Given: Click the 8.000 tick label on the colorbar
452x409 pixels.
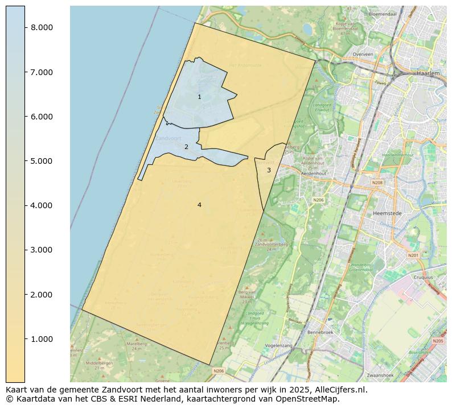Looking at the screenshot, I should (x=42, y=27).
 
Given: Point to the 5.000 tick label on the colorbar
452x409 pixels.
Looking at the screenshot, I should (x=42, y=161).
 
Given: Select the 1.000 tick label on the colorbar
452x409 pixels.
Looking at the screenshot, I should (x=42, y=339).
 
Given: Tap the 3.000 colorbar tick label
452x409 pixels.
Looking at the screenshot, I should (x=42, y=250).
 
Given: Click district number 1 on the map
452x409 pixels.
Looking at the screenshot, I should (x=199, y=97).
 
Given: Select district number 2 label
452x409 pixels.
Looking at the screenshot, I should (x=186, y=147).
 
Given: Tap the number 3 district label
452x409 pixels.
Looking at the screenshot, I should (x=269, y=170).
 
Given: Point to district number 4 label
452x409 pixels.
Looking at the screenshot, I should (x=199, y=205).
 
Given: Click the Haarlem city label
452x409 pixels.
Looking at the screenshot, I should (x=428, y=73).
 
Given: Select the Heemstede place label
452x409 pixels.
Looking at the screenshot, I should (x=387, y=213).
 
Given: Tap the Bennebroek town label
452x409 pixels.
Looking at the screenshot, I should (x=319, y=332).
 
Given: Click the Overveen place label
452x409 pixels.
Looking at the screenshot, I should (x=363, y=55).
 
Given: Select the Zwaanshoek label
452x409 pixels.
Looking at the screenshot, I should (x=381, y=376).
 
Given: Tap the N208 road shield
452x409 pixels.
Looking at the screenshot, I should (x=377, y=183).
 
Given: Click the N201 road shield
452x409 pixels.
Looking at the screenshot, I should (x=413, y=255).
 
